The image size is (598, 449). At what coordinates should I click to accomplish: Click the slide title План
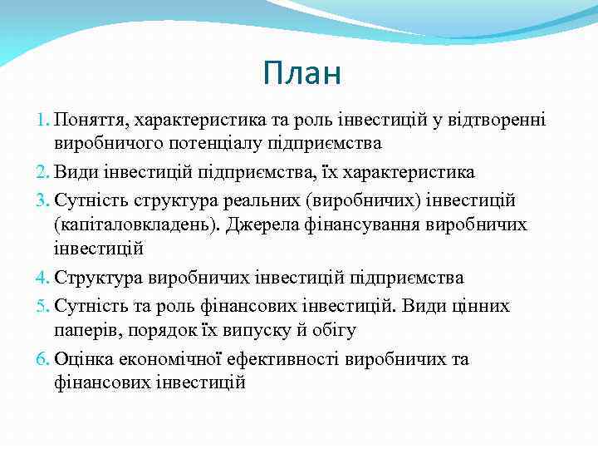click(301, 73)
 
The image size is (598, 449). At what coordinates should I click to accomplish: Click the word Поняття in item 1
click(89, 121)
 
